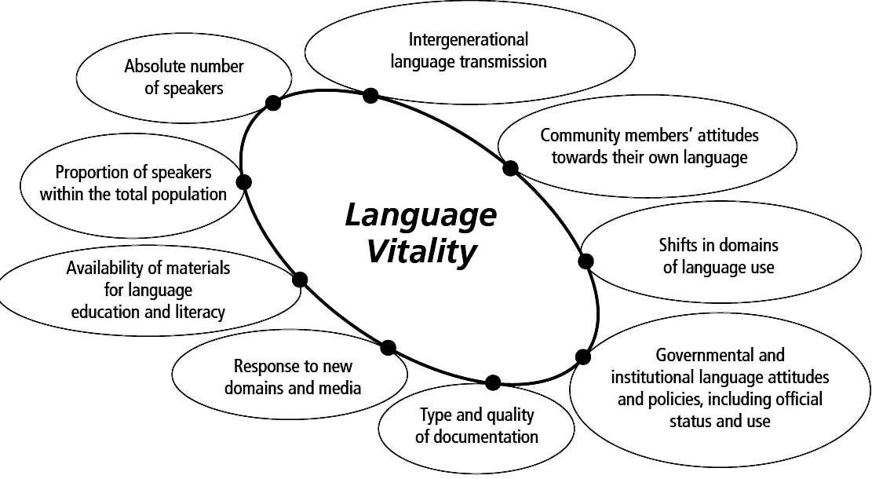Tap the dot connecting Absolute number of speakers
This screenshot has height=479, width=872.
[x=273, y=102]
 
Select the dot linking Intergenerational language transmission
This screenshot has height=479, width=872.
[x=370, y=95]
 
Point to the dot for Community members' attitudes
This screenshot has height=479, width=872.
[x=510, y=167]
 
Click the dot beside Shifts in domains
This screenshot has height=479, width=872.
[x=586, y=261]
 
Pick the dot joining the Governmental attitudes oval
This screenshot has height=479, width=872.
[x=582, y=357]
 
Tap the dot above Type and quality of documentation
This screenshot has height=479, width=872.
[x=492, y=382]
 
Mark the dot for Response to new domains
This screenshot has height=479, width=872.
[x=388, y=347]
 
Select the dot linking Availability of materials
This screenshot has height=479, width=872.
[x=299, y=279]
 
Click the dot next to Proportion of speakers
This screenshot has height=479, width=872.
[x=243, y=182]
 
